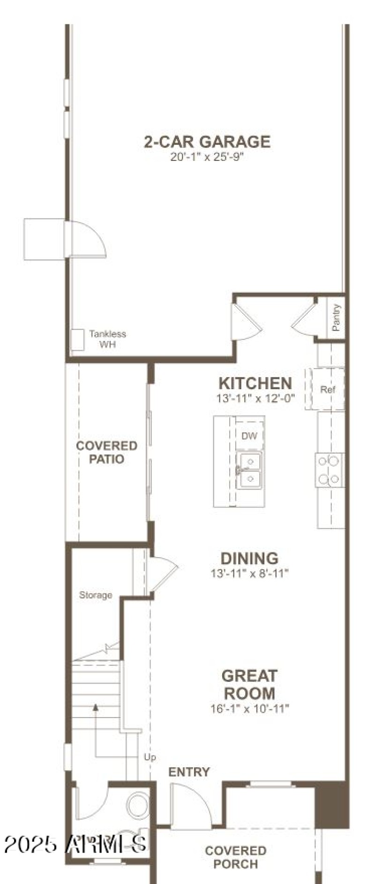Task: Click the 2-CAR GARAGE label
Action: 207,142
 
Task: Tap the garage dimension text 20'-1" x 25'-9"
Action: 207,157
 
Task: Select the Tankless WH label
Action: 107,339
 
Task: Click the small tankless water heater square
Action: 77,340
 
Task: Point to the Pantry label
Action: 336,317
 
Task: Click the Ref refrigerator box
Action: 327,389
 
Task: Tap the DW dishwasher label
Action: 249,436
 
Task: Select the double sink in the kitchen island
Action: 249,470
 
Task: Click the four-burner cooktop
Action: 329,470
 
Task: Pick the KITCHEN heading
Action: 255,383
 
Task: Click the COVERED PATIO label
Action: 107,452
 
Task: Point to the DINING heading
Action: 249,558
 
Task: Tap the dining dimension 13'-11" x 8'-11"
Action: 249,573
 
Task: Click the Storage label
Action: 96,595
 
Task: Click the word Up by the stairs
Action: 150,757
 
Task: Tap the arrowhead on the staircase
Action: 96,707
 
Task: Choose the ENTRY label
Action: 189,772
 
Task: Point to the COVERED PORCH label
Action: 235,857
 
